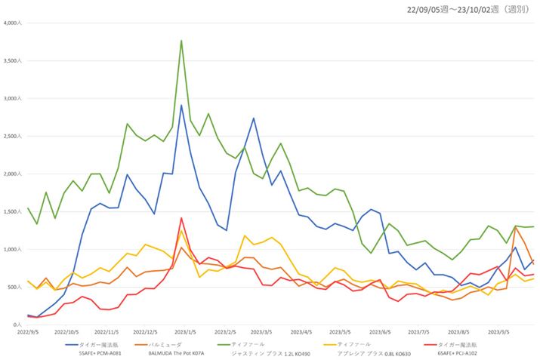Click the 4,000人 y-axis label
[12, 23]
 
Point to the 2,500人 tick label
[12, 137]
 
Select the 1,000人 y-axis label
[12, 250]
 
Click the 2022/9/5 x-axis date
[27, 331]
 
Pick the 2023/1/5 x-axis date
[185, 331]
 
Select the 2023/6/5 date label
[381, 331]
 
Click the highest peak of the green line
[181, 41]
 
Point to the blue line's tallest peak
[181, 105]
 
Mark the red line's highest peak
[181, 218]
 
